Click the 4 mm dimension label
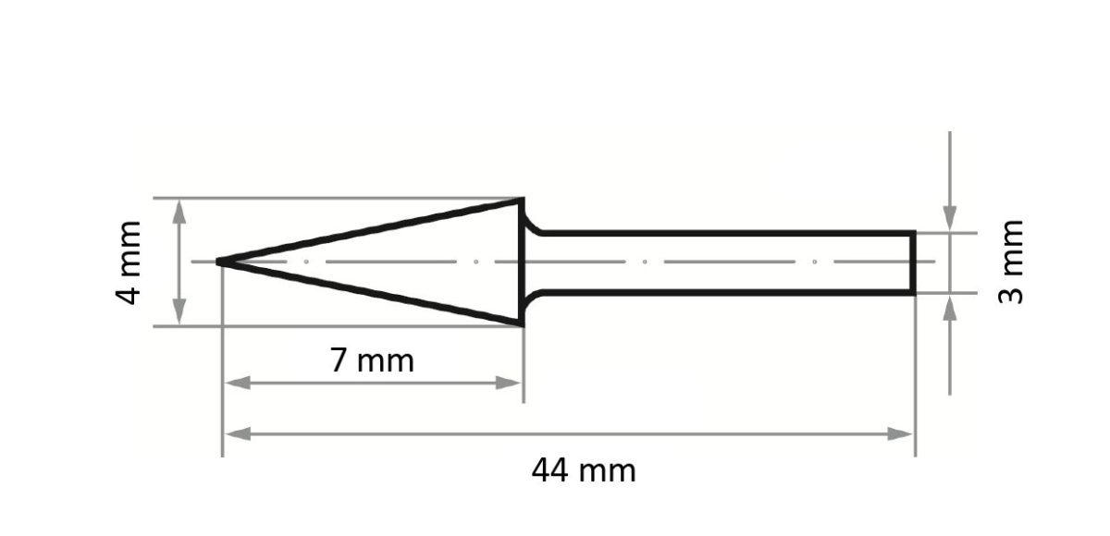tap(130, 262)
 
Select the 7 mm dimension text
tap(373, 360)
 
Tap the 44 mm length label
tap(584, 471)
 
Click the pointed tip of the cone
tap(220, 262)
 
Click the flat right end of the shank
tap(914, 263)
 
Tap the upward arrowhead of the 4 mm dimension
tap(179, 211)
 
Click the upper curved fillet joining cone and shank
tap(533, 225)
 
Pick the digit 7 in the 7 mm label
tap(340, 360)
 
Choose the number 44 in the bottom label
tap(551, 471)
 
